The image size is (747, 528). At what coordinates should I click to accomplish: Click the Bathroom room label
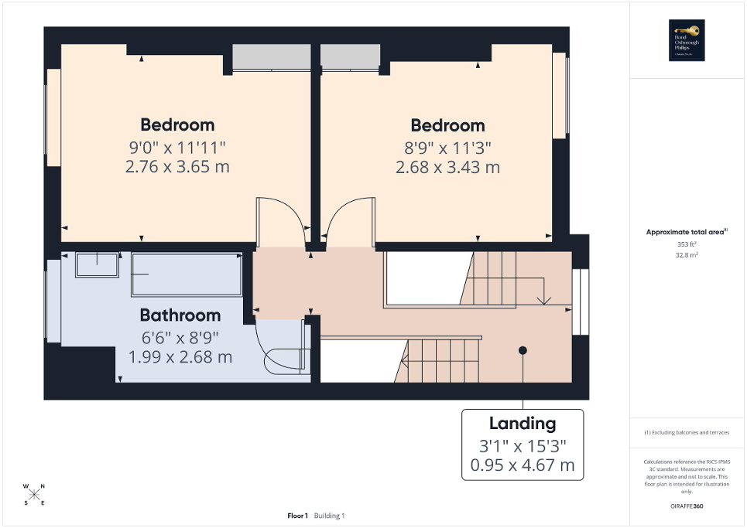180,315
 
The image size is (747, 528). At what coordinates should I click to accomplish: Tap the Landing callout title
523,424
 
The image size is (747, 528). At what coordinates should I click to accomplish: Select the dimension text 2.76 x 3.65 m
177,166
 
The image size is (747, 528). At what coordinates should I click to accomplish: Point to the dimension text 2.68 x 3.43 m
447,167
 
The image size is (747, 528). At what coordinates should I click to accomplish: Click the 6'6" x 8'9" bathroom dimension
180,337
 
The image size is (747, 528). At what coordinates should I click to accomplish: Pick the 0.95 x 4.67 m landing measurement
523,465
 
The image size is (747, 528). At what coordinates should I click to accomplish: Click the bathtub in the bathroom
187,273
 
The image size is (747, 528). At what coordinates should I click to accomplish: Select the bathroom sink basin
97,264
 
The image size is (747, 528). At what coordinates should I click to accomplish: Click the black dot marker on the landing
523,350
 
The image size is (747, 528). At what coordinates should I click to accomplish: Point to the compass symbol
35,494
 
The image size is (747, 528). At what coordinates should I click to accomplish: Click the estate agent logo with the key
687,39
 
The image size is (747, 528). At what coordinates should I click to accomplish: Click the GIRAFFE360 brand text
687,506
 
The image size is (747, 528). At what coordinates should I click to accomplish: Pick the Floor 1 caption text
298,516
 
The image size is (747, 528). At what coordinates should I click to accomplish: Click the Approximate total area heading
686,232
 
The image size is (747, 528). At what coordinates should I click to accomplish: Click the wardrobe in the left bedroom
271,58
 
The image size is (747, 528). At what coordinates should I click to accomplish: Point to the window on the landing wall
580,301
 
